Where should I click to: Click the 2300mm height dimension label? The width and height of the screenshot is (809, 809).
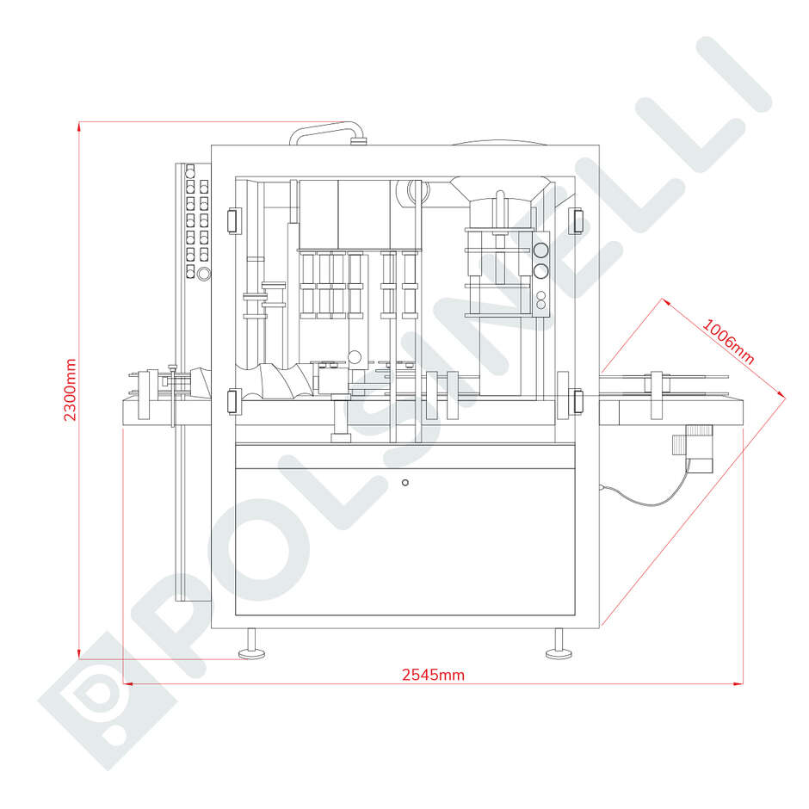[x=70, y=390]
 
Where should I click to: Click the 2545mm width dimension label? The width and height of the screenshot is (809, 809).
[x=434, y=675]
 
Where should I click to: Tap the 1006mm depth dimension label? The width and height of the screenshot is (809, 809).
[x=728, y=342]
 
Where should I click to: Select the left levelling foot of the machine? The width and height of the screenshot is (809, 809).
[x=252, y=645]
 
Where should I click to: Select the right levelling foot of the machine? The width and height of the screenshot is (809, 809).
[x=559, y=645]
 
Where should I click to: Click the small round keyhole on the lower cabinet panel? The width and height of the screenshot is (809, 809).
[x=405, y=483]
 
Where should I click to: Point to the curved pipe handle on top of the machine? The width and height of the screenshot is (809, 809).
[x=327, y=130]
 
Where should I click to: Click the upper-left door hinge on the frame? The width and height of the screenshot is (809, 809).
[x=234, y=221]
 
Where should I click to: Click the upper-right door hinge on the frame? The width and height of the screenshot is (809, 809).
[x=575, y=220]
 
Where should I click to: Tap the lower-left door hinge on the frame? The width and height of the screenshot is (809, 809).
[x=234, y=401]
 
